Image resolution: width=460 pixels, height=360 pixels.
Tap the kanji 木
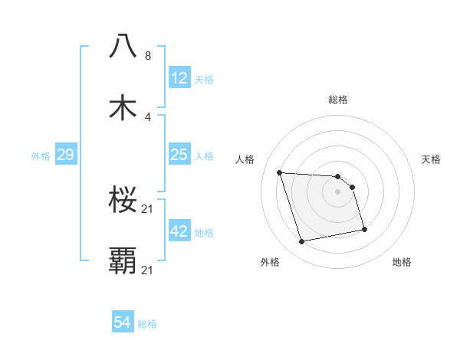(123, 107)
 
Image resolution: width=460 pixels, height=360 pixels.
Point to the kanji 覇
(123, 260)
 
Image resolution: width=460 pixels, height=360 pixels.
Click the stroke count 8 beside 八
(148, 55)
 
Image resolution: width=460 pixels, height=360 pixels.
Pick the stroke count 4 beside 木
(148, 117)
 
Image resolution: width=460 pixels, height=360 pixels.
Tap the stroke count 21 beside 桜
(149, 208)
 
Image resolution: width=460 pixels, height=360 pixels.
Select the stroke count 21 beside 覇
(149, 270)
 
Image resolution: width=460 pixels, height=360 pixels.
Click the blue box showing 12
(179, 78)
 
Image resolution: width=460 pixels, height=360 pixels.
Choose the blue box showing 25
(179, 155)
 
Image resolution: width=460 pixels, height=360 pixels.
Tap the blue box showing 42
(179, 231)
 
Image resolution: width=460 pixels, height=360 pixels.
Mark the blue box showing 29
(65, 155)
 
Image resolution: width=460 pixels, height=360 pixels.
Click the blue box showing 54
(123, 323)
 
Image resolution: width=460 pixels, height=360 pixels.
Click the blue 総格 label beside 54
(147, 324)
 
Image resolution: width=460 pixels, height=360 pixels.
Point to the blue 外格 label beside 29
(41, 155)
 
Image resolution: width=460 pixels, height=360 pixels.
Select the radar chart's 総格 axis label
(337, 100)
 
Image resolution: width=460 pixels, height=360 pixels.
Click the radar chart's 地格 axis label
(402, 262)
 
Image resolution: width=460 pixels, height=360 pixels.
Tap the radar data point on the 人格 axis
(280, 172)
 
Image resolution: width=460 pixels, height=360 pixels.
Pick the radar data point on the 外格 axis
(302, 242)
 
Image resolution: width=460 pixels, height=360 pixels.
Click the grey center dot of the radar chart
(337, 191)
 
